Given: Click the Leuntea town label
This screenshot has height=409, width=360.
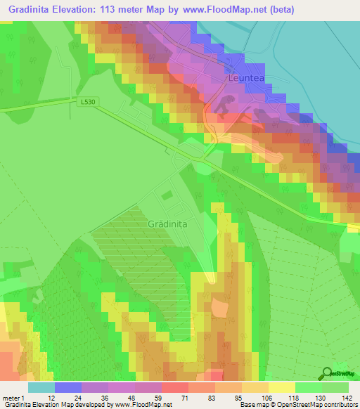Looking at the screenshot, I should [246, 79].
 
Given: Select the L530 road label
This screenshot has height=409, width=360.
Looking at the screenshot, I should [88, 102].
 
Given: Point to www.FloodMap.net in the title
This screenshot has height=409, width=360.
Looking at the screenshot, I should [224, 10].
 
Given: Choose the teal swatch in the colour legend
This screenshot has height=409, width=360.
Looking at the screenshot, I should [41, 387].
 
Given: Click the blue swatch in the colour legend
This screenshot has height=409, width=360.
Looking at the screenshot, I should [67, 387].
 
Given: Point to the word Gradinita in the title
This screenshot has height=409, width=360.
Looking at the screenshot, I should [33, 10].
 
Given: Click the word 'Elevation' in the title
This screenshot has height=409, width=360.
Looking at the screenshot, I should [89, 10].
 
